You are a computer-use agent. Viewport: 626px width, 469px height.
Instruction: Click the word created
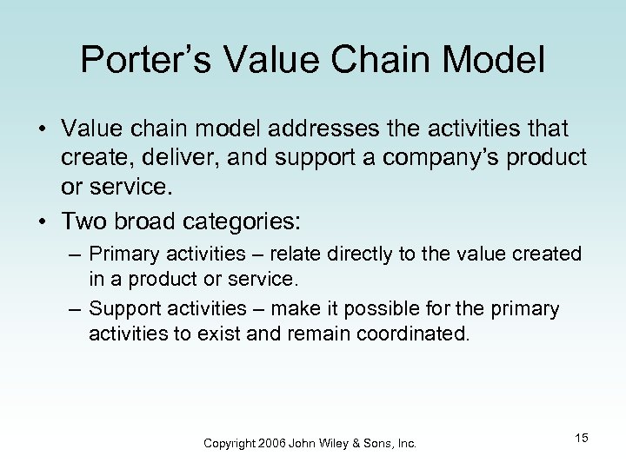552,254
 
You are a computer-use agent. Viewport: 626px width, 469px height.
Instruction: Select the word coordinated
411,333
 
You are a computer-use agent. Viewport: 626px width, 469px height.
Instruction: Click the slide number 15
581,438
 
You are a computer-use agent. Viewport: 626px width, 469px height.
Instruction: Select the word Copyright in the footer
229,443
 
